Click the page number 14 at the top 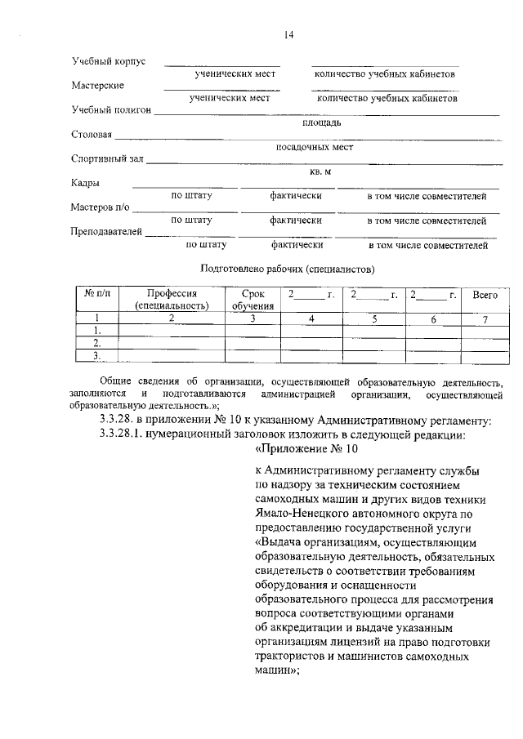tap(288, 34)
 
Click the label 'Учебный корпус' tap(109, 62)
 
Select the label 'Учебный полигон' tap(112, 109)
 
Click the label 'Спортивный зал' tap(109, 158)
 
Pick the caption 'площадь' tap(321, 122)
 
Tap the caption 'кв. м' tap(320, 171)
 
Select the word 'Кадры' tap(85, 183)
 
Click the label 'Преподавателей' tap(107, 232)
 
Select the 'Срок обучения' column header tap(253, 300)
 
